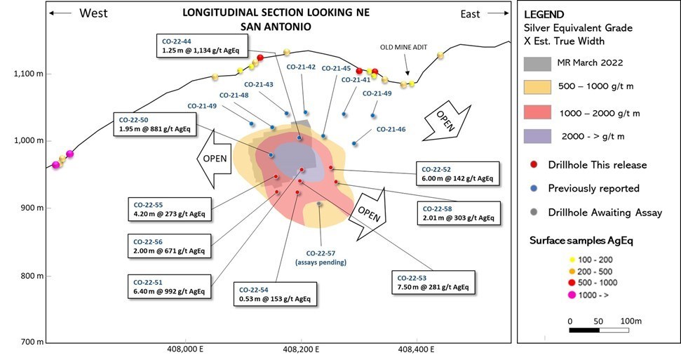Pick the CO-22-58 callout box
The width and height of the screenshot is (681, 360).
459,213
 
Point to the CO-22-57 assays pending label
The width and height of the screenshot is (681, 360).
325,258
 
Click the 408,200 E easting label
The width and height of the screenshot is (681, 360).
302,348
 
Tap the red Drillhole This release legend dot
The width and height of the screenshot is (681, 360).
535,165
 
